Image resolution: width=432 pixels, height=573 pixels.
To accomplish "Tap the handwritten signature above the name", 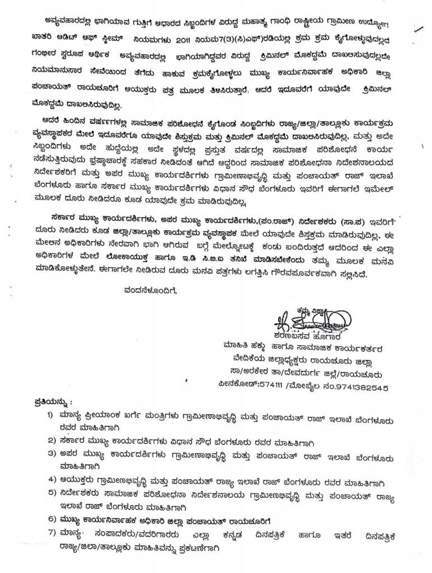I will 306,322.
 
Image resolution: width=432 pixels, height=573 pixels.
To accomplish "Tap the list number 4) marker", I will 51,480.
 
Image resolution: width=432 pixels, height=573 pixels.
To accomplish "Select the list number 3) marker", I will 51,453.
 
